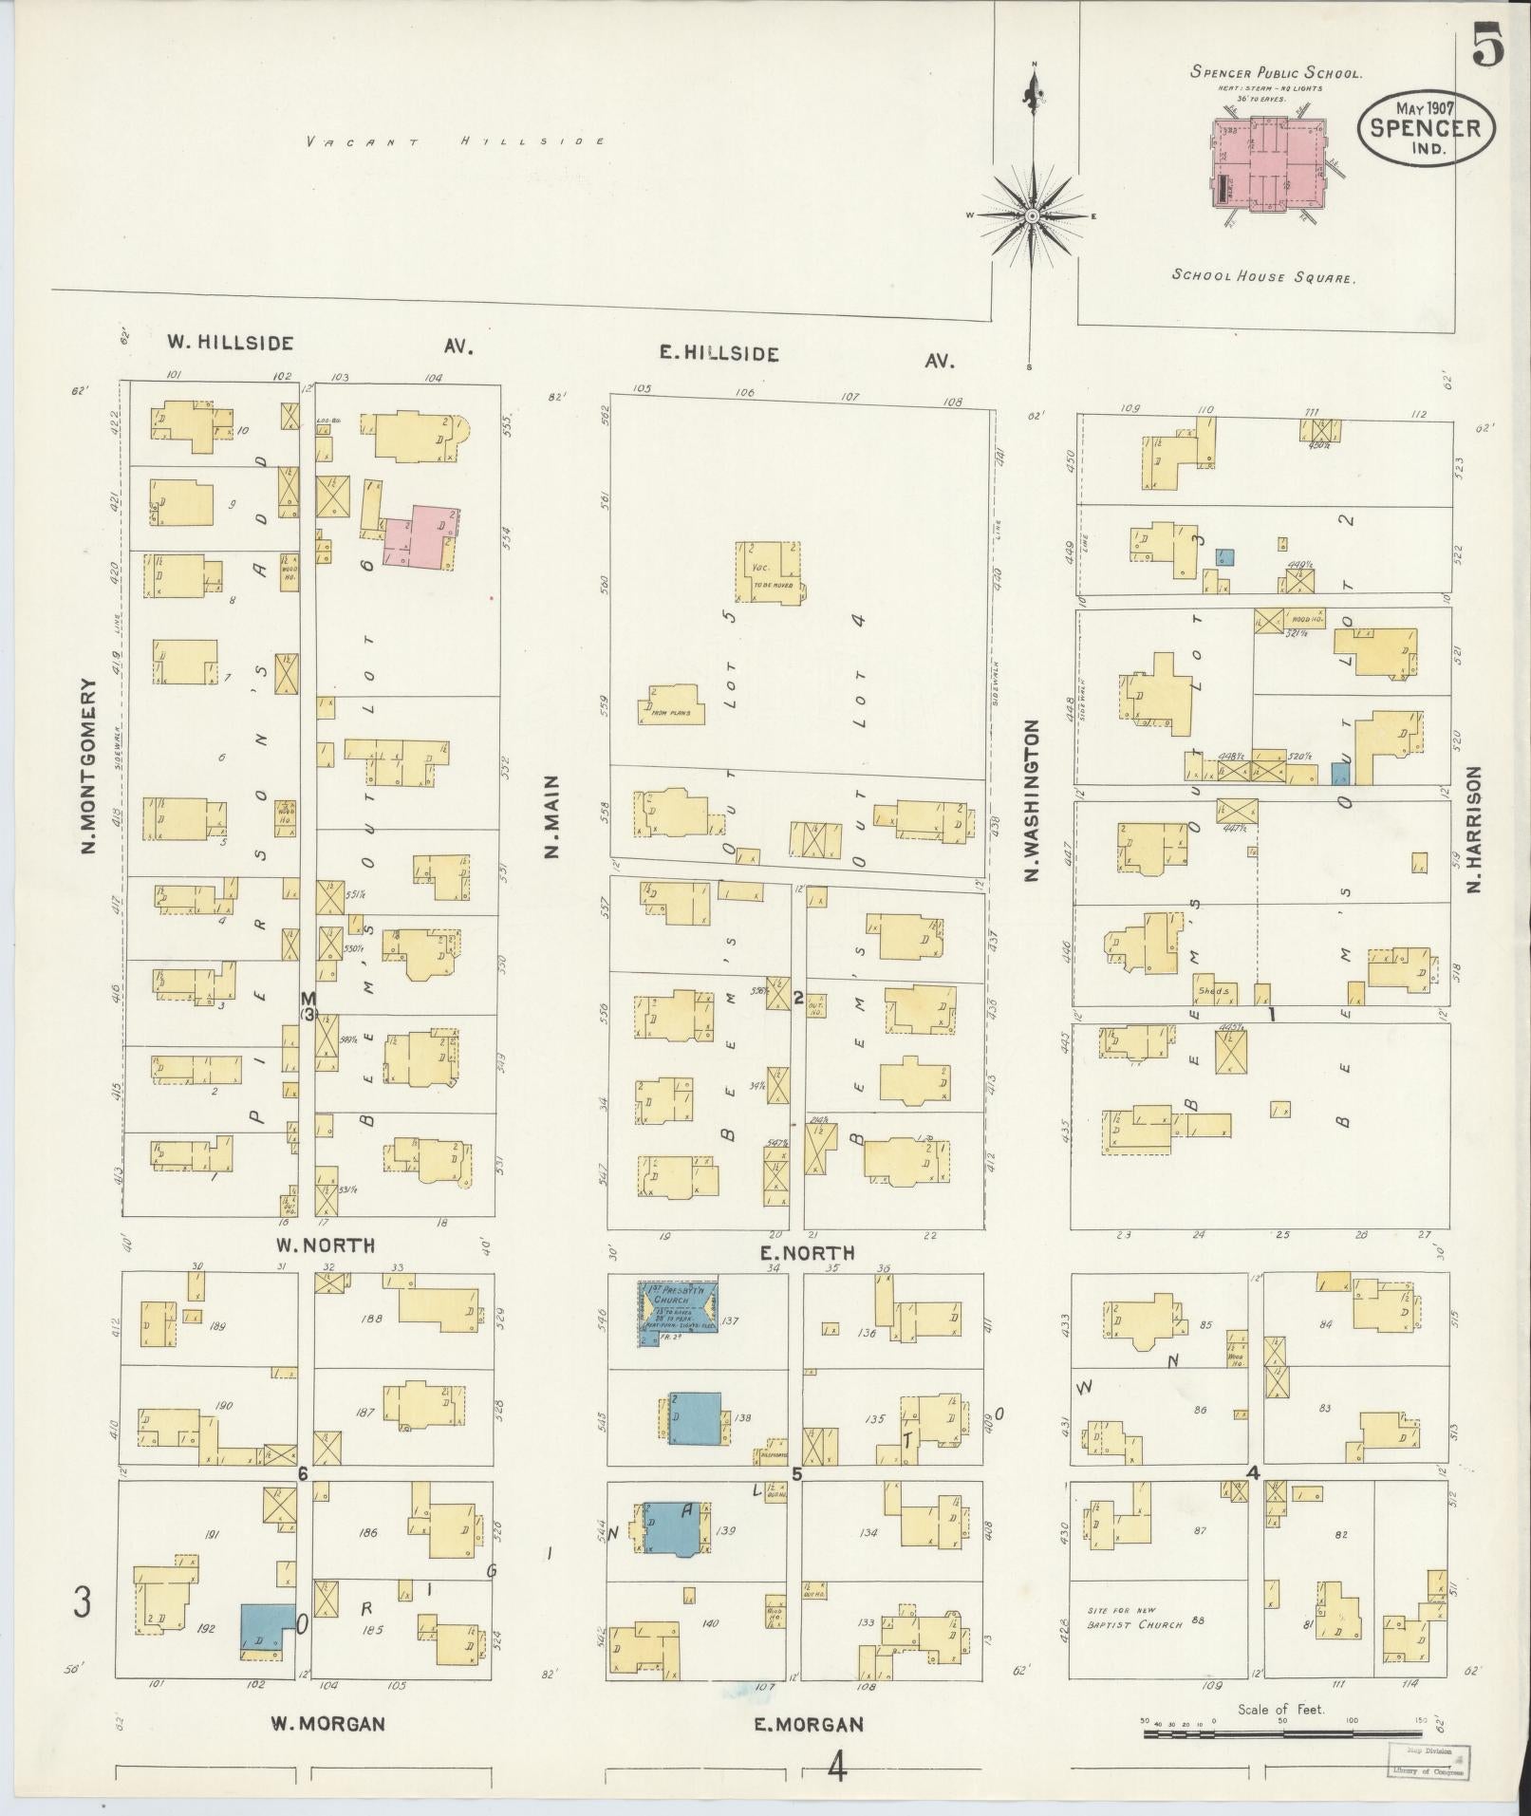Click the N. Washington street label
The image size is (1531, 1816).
tap(1032, 800)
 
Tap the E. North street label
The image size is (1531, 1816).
tap(808, 1253)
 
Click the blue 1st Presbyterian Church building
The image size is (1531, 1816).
tap(678, 1313)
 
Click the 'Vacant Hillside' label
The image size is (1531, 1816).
tap(455, 141)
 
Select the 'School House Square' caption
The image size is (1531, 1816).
tap(1263, 277)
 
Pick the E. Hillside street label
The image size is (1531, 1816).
tap(720, 354)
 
